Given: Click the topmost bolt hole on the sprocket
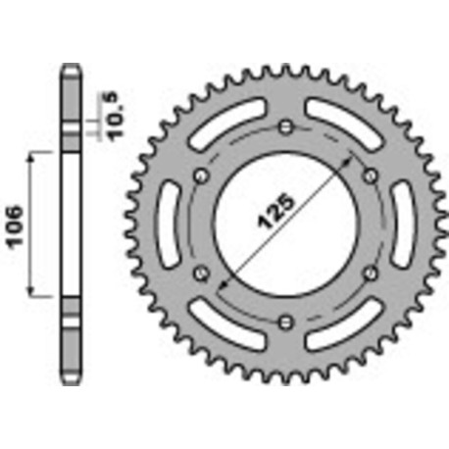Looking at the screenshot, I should (285, 126).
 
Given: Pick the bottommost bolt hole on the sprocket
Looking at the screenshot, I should (285, 321).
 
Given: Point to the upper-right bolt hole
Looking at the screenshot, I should (370, 175).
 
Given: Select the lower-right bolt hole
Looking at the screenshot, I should (370, 273).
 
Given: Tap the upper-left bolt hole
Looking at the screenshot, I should (201, 175).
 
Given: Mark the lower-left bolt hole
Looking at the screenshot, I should (201, 273).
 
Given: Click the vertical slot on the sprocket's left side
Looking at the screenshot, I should (168, 224).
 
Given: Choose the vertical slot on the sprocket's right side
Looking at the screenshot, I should (403, 224).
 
